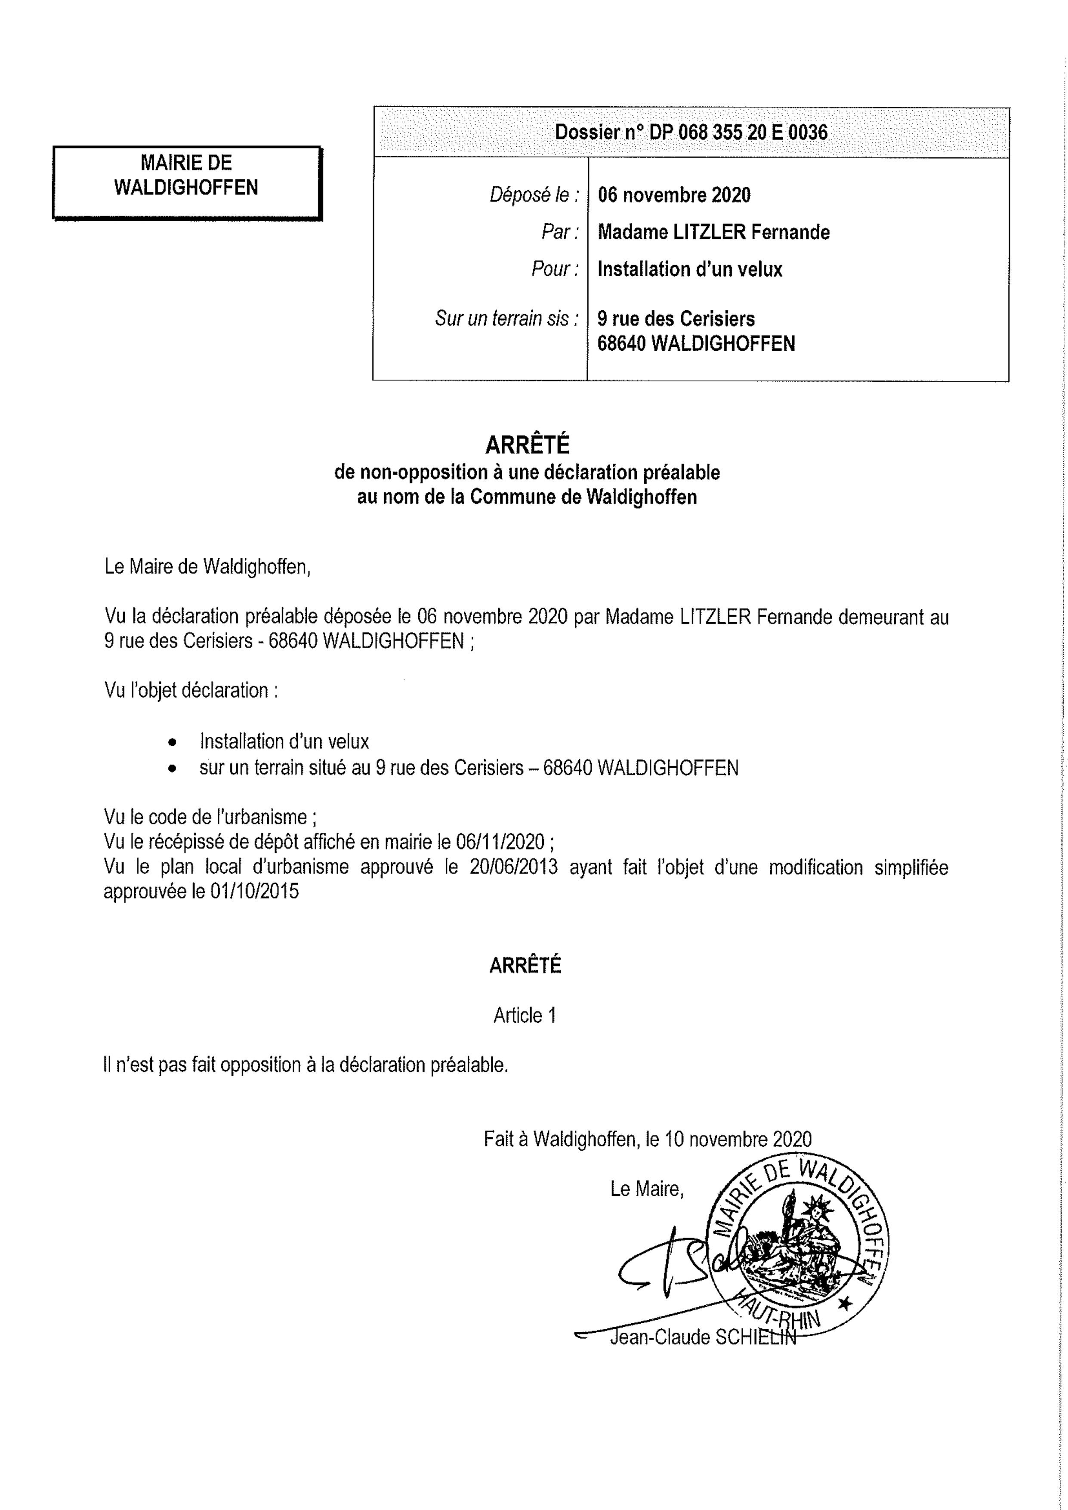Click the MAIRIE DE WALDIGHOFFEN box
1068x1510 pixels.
click(x=186, y=182)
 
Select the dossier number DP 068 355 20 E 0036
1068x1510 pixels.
click(x=691, y=132)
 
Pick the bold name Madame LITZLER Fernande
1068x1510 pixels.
click(x=713, y=232)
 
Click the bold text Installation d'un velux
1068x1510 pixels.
click(x=689, y=269)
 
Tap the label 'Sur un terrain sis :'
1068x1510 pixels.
click(x=506, y=319)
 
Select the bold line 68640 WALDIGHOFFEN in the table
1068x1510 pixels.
click(x=696, y=343)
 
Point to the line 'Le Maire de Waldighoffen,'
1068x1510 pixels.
click(x=207, y=566)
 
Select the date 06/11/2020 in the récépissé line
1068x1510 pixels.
click(x=500, y=841)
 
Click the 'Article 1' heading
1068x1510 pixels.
click(x=525, y=1016)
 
